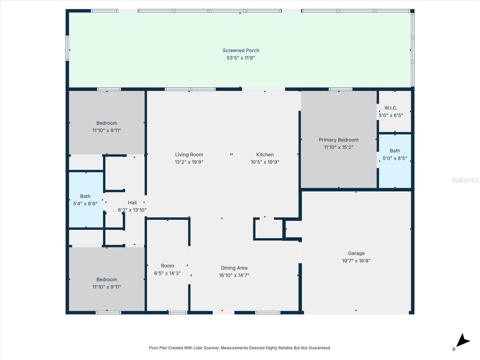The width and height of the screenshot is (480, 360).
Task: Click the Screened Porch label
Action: [x=241, y=50]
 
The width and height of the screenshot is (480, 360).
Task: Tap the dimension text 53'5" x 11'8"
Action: [x=241, y=58]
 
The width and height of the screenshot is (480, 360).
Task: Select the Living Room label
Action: [x=189, y=154]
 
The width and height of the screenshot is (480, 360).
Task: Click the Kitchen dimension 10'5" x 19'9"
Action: [x=265, y=162]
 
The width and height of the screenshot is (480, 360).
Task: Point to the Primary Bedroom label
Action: [x=338, y=140]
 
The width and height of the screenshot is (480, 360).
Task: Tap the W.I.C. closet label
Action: [x=391, y=108]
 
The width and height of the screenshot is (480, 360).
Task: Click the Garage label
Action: [x=356, y=253]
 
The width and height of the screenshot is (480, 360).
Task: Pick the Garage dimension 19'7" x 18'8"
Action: [x=356, y=261]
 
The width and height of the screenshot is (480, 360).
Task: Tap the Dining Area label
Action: [x=234, y=268]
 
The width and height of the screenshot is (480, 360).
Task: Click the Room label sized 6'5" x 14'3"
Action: [x=167, y=266]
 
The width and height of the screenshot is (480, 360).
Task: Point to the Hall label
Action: [x=132, y=202]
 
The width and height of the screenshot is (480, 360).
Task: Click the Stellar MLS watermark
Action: [x=465, y=180]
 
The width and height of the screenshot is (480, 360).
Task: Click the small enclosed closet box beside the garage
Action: [x=268, y=229]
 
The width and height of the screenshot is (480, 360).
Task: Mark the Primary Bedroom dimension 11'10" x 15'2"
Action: [x=338, y=147]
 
